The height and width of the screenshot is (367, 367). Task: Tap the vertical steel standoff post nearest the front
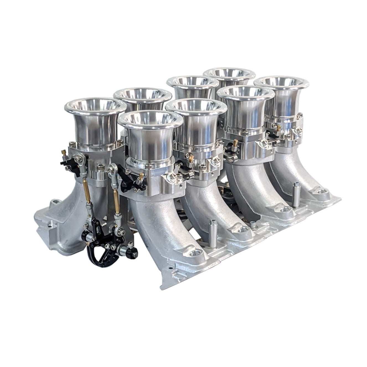pyautogui.click(x=212, y=234)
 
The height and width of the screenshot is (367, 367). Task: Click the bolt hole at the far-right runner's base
pyautogui.click(x=322, y=191)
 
